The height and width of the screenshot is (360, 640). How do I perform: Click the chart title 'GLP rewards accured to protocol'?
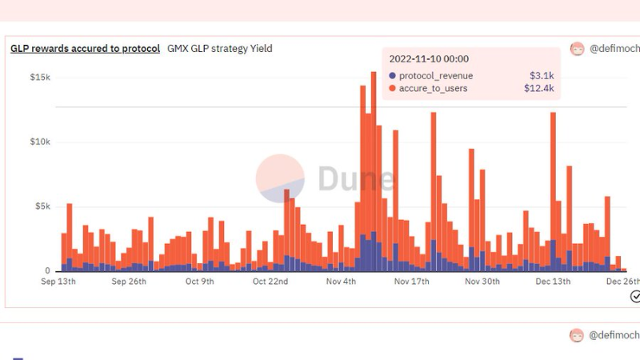[86, 49]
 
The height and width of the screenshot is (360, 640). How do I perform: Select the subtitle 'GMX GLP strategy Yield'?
[219, 49]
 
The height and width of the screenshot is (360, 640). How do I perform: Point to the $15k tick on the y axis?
[40, 77]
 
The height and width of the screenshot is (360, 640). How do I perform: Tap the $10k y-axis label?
[40, 142]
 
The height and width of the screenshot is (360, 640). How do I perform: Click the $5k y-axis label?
[42, 206]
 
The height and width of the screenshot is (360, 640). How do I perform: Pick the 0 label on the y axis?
[47, 270]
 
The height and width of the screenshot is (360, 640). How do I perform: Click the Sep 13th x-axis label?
[58, 282]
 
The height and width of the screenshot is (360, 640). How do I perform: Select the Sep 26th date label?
[129, 282]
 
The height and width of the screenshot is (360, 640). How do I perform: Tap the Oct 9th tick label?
[199, 282]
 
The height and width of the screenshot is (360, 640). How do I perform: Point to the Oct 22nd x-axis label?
[270, 282]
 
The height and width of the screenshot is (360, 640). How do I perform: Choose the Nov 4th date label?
[341, 282]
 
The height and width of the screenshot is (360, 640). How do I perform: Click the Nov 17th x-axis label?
[411, 282]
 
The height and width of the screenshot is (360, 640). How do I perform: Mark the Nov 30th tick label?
[482, 282]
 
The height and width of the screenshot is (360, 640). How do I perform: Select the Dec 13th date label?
[553, 282]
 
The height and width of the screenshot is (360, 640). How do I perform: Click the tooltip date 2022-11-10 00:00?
[429, 58]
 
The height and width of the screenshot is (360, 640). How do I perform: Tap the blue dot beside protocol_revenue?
[392, 75]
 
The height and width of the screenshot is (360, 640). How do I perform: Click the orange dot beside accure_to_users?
[392, 88]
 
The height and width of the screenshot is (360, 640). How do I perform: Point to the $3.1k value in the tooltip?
[542, 75]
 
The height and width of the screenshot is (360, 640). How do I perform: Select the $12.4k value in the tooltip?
[538, 88]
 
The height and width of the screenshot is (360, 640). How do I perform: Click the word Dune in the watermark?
[356, 178]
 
